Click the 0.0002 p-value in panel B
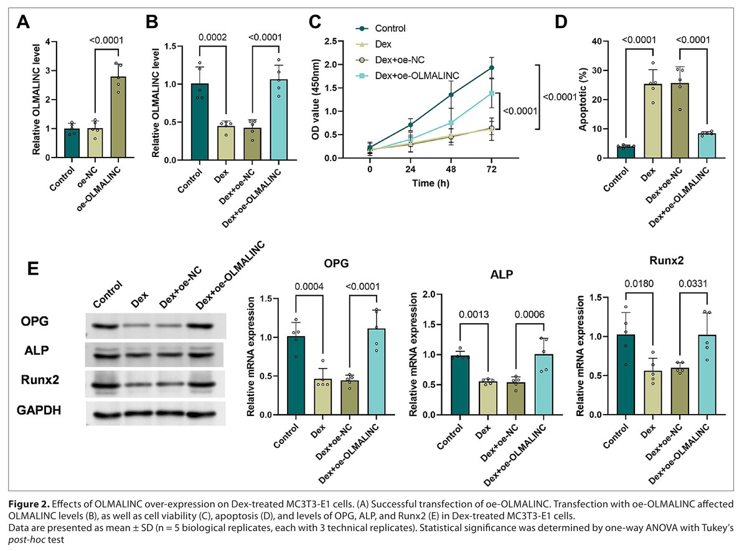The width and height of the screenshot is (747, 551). [212, 37]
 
